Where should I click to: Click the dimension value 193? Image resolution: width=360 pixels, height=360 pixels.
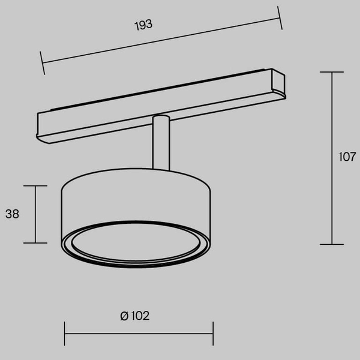(144, 25)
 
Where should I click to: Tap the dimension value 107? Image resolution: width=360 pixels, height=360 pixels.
(347, 158)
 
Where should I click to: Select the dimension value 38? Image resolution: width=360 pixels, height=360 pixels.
(12, 214)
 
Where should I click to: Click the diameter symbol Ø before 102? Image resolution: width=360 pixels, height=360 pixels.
(124, 316)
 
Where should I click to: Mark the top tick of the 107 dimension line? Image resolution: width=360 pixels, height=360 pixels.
(332, 72)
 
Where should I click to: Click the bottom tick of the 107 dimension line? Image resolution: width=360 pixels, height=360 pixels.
(332, 244)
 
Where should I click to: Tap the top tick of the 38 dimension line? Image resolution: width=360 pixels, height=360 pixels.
(35, 186)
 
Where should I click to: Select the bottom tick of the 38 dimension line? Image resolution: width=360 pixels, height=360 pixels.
(35, 243)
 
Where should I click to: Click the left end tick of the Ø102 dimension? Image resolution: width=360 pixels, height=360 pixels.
(65, 333)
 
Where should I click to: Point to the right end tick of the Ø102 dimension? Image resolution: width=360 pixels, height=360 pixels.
(213, 333)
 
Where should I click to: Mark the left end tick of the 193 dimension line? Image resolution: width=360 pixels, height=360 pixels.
(43, 63)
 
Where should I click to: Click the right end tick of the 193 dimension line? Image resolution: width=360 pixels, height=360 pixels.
(280, 17)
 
